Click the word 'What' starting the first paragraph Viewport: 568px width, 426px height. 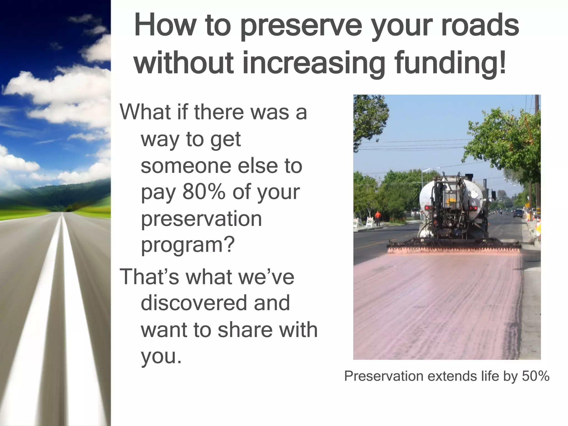tap(142, 112)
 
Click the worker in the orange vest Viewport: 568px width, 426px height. tap(378, 218)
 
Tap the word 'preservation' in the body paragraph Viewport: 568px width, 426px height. tap(201, 219)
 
